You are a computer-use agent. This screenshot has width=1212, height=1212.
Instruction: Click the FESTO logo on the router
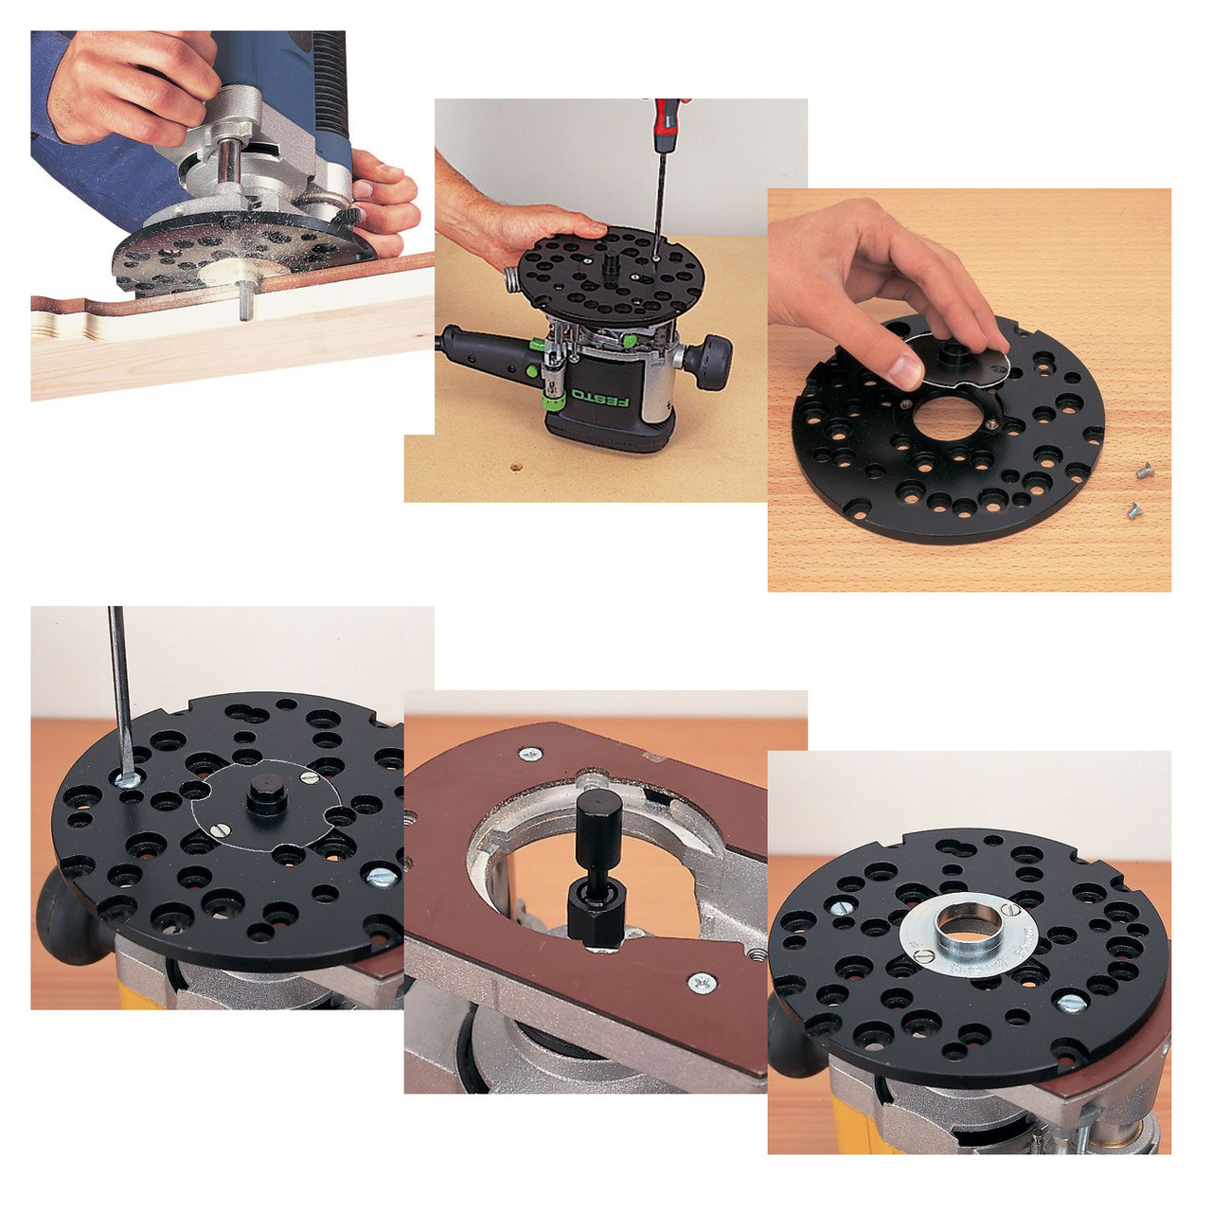[604, 399]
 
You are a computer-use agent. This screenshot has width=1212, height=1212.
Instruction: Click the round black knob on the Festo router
[711, 360]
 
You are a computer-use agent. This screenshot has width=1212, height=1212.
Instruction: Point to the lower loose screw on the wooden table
[1132, 511]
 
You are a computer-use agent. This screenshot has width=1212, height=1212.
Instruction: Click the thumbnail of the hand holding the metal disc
[969, 389]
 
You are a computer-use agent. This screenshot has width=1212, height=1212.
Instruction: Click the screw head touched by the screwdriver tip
[126, 778]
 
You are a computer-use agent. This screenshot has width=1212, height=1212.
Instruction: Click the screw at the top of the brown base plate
[529, 755]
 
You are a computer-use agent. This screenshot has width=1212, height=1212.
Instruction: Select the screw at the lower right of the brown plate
[702, 984]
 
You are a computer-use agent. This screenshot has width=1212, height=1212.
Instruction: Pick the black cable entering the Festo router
[473, 346]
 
